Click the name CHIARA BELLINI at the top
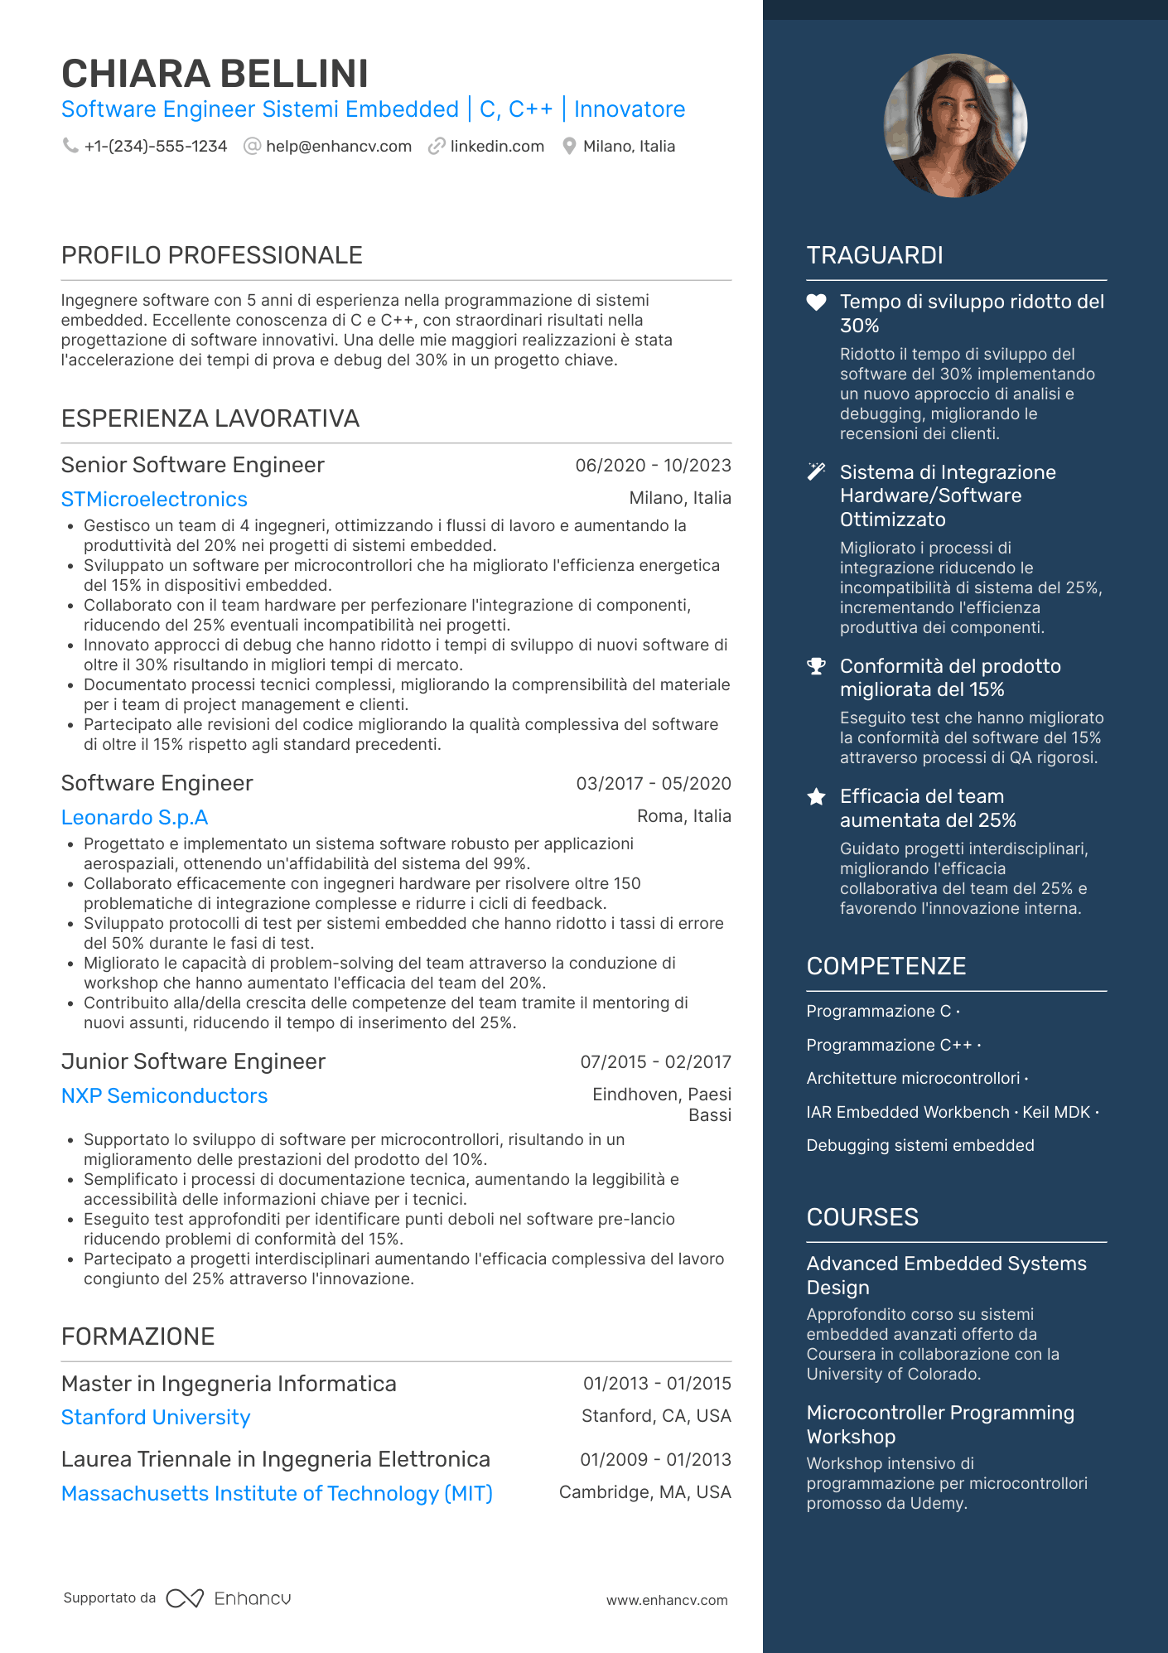[215, 74]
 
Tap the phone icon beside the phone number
[70, 146]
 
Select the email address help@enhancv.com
[338, 147]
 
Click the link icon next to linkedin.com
[437, 147]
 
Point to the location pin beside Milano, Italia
[569, 147]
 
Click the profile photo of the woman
[955, 125]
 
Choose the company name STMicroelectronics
[154, 500]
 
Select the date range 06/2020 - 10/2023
[653, 466]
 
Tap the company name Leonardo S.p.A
[134, 818]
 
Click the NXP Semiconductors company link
[164, 1096]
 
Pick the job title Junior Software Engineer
[193, 1061]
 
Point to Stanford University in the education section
[156, 1418]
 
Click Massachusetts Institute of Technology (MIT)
[277, 1494]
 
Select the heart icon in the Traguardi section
[816, 302]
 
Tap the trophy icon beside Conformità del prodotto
[816, 666]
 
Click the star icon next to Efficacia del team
[816, 797]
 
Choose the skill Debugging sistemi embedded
[920, 1145]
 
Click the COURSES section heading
[862, 1217]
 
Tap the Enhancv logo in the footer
[229, 1598]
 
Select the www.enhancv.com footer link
[667, 1600]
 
